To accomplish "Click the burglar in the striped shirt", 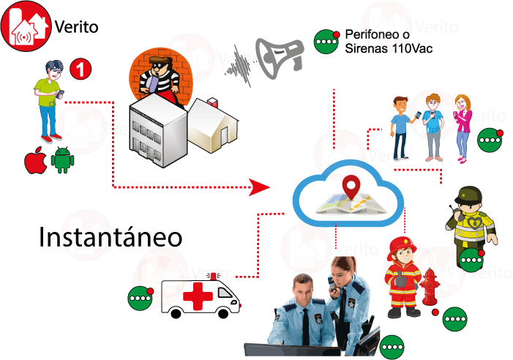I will pyautogui.click(x=157, y=73).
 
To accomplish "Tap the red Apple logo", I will pyautogui.click(x=35, y=160).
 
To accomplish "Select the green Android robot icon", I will pyautogui.click(x=62, y=160).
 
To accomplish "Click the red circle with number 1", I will pyautogui.click(x=81, y=70).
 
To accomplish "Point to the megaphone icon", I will pyautogui.click(x=279, y=56).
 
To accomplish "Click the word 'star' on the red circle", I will pyautogui.click(x=86, y=238).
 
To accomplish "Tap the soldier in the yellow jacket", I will pyautogui.click(x=471, y=220).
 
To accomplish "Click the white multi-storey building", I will pyautogui.click(x=156, y=127).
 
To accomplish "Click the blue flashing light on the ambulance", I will pyautogui.click(x=213, y=276).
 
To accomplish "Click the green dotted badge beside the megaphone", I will pyautogui.click(x=326, y=42).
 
